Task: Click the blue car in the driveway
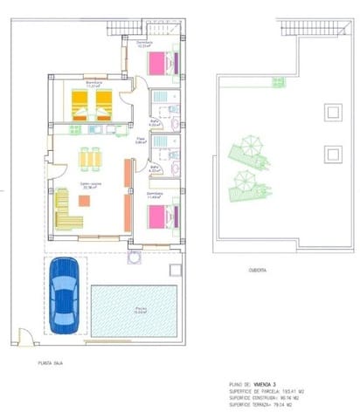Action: click(x=65, y=294)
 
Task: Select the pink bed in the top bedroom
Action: click(x=160, y=64)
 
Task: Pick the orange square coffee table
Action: click(x=84, y=200)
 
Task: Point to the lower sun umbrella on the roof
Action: click(x=246, y=181)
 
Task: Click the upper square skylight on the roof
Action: click(x=331, y=112)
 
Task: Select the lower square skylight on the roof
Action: click(x=331, y=154)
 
